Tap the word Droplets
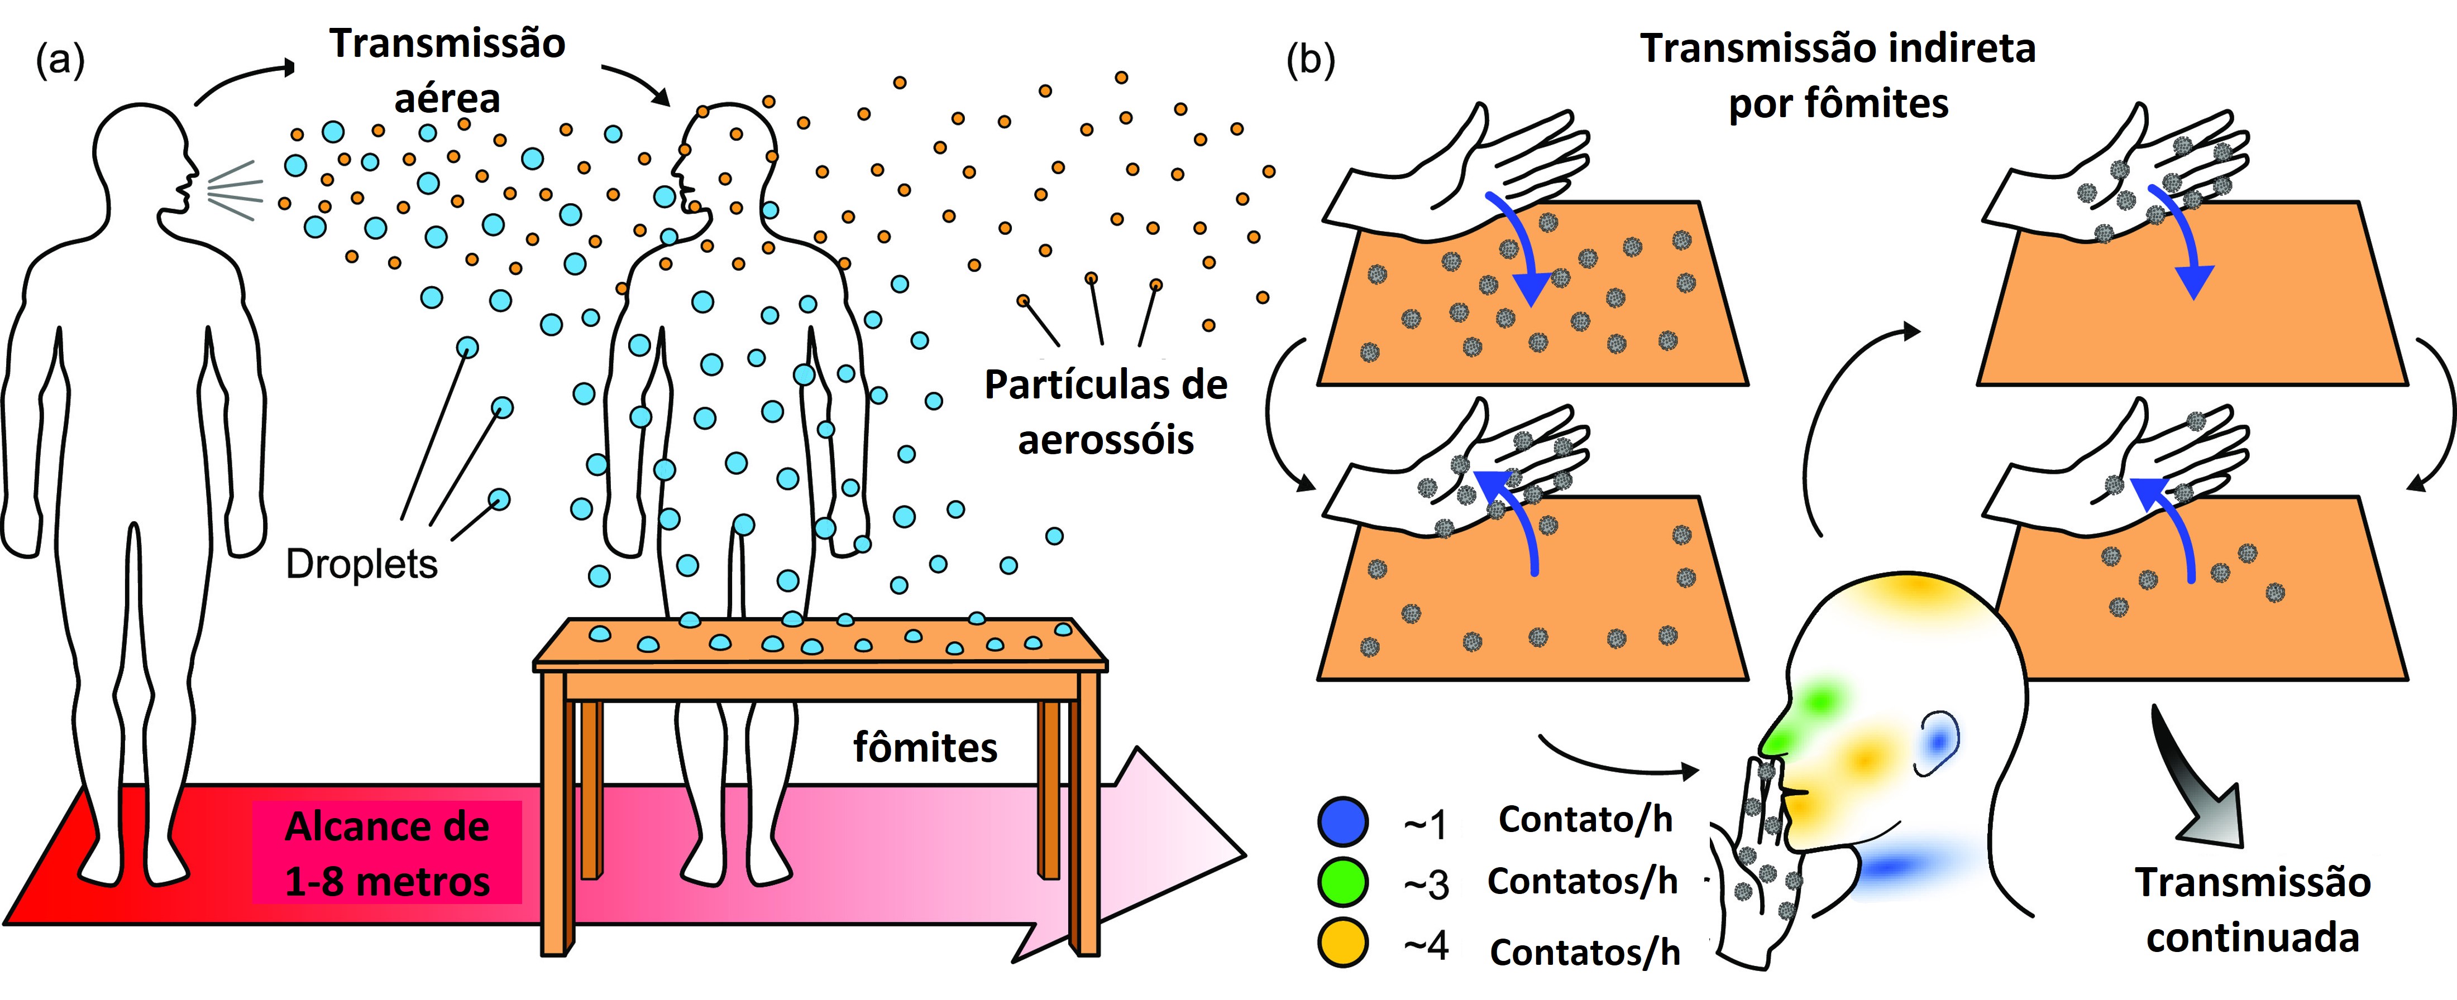[361, 564]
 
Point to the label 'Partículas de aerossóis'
[1106, 412]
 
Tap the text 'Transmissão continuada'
[2253, 910]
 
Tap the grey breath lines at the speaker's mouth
[233, 191]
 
